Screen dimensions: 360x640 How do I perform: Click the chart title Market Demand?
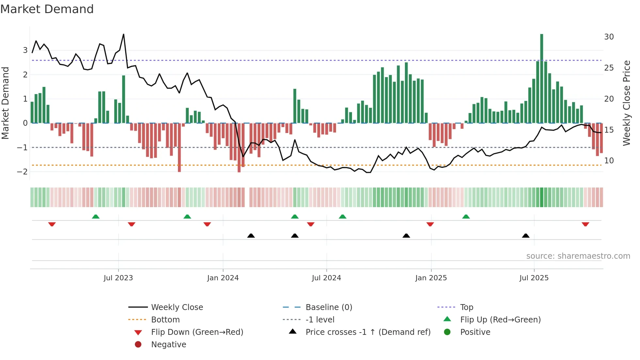[47, 9]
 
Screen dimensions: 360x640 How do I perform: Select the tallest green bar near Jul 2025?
[541, 78]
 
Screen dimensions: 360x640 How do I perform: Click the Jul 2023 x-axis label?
[118, 278]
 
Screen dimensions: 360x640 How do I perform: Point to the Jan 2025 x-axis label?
[431, 278]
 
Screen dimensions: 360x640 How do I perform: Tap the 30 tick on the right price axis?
[609, 37]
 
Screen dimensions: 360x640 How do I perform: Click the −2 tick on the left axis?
[22, 172]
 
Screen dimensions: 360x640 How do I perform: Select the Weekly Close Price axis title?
[626, 103]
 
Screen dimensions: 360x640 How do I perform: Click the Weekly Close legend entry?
[177, 307]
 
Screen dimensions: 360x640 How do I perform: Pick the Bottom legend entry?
[165, 320]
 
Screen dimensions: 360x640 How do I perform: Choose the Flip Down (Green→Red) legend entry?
[197, 332]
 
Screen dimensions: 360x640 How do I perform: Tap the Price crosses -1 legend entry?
[368, 332]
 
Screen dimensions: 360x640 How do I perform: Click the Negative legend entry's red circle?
[138, 345]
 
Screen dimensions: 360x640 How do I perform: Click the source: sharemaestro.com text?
[578, 256]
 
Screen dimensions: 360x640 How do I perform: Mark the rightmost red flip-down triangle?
[585, 224]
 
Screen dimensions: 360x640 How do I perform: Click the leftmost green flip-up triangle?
[96, 217]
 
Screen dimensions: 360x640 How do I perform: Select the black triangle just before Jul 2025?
[525, 236]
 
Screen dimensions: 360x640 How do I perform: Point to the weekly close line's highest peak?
[123, 34]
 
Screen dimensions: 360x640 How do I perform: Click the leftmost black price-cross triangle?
[251, 236]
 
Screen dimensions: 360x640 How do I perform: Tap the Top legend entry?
[466, 307]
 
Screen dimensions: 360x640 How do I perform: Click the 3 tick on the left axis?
[25, 50]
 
